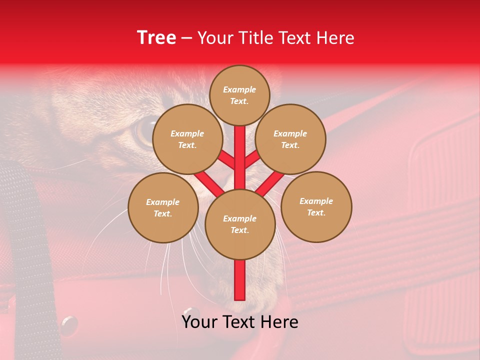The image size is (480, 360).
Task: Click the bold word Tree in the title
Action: click(156, 37)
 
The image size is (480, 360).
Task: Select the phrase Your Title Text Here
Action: click(276, 38)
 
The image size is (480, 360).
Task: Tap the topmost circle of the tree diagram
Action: click(239, 95)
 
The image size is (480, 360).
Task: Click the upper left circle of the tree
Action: click(187, 139)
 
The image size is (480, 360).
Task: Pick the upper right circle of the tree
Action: click(290, 139)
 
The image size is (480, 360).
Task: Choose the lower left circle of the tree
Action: click(163, 207)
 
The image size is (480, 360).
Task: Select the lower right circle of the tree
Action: click(316, 206)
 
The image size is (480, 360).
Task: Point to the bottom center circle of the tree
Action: click(240, 224)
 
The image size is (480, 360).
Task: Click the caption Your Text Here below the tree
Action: click(239, 322)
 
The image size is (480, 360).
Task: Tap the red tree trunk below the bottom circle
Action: click(240, 280)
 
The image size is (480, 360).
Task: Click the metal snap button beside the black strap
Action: click(68, 325)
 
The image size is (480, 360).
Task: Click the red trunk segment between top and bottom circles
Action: click(240, 155)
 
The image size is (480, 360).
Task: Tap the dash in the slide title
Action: click(186, 38)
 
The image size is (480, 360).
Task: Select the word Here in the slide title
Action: click(336, 38)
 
